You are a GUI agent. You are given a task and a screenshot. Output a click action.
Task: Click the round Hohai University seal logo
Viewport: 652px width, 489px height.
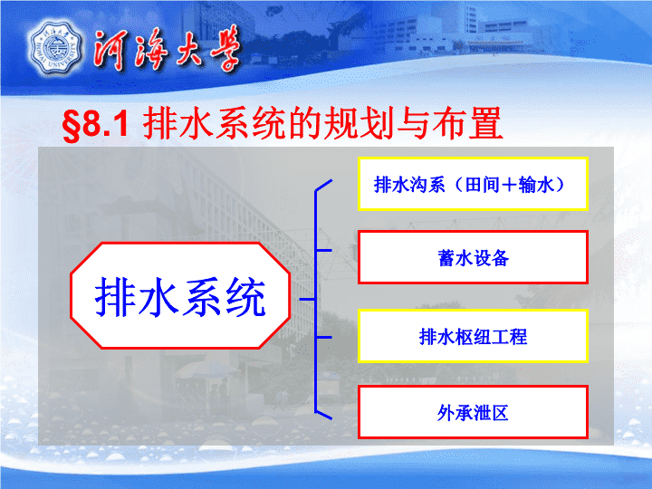(x=55, y=49)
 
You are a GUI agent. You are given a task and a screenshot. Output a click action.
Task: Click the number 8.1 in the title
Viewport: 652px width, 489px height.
(x=106, y=124)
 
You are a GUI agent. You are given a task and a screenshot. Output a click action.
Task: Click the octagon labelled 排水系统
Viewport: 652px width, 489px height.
(x=180, y=295)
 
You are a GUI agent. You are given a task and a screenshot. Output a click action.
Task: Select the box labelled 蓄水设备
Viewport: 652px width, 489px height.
(x=473, y=257)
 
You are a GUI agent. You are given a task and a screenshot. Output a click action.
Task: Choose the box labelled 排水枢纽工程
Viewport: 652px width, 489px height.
(x=473, y=336)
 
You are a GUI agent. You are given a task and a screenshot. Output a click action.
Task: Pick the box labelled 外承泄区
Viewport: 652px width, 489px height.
(x=473, y=412)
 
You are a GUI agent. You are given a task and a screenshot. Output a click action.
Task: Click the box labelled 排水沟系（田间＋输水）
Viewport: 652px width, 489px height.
(x=473, y=184)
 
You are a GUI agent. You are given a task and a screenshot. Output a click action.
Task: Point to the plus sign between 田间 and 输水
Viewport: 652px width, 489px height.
(x=509, y=185)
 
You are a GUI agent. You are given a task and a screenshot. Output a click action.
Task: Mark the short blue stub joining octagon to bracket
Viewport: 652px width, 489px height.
(x=307, y=299)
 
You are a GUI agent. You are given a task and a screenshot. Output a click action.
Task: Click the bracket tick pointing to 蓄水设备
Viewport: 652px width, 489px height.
(x=324, y=250)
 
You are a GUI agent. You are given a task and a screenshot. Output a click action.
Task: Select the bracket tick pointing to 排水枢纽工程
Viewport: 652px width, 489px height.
(x=324, y=337)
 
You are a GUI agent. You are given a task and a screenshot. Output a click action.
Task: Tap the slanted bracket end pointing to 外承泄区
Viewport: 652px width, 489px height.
(x=324, y=415)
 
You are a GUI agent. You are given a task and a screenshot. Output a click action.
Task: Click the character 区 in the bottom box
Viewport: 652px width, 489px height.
(x=499, y=413)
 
